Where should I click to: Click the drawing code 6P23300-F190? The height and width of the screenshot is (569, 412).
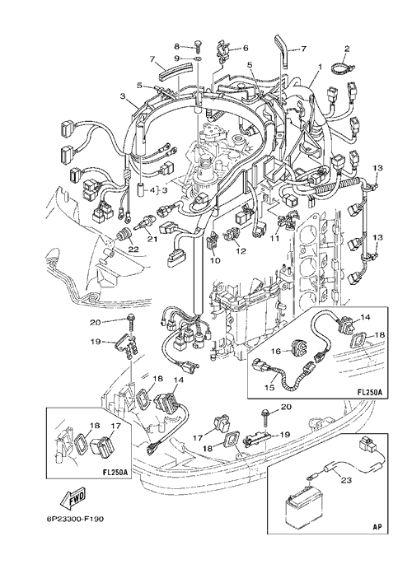point(75,519)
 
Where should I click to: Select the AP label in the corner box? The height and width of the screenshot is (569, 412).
point(377,526)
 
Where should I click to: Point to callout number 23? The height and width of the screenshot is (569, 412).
point(346,480)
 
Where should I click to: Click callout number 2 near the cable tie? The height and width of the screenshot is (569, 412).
point(347,49)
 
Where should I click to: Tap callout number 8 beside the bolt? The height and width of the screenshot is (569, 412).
point(177,46)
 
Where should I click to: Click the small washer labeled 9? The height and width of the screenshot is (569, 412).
point(198,58)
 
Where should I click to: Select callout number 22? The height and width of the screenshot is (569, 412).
point(133,250)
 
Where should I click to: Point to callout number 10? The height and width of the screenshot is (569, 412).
point(215,260)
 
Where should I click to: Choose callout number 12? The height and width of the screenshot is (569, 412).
point(241,250)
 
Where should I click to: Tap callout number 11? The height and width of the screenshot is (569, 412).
point(274,238)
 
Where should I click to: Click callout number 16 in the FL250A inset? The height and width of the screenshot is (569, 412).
point(277,351)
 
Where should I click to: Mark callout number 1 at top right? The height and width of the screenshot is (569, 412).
point(320,68)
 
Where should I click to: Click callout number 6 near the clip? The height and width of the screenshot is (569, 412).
point(246,48)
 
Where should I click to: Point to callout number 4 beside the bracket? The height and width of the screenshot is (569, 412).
point(152,189)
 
